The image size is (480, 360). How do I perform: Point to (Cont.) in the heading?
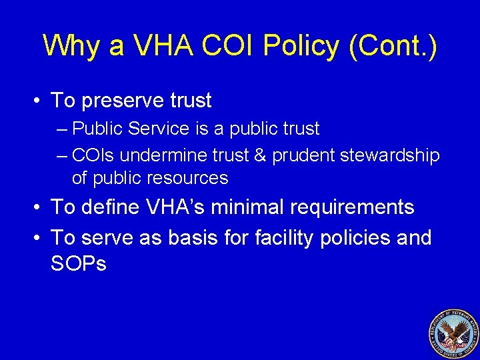[x=399, y=45]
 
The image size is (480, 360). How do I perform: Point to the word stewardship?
[x=390, y=156]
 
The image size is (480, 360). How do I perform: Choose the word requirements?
[x=351, y=207]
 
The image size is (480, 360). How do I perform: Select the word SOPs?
[x=78, y=264]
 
